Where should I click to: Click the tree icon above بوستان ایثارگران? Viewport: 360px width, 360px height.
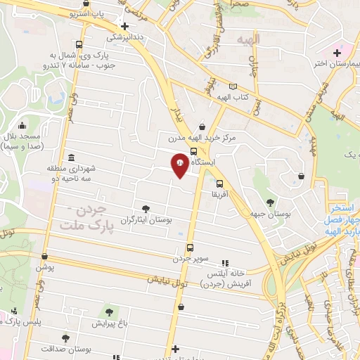click(146, 208)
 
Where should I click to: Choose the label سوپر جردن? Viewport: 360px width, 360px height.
click(191, 259)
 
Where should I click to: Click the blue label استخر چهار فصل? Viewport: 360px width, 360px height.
click(343, 215)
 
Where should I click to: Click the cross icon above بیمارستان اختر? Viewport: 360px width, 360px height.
click(337, 53)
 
